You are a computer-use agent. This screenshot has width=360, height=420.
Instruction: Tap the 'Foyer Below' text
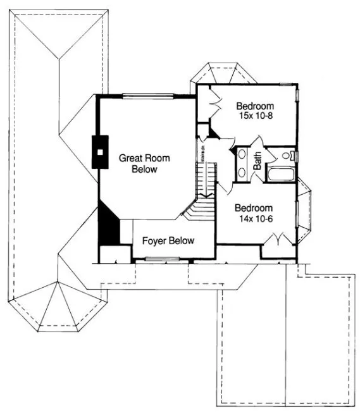pos(168,240)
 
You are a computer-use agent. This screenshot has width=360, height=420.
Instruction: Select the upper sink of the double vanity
pos(242,157)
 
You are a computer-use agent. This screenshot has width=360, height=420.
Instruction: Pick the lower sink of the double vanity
pos(242,172)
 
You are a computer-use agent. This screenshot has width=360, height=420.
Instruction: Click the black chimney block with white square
pos(101,152)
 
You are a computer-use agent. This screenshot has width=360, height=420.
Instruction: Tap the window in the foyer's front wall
pos(163,259)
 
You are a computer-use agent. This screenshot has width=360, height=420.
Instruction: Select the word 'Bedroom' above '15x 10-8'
pos(254,106)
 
